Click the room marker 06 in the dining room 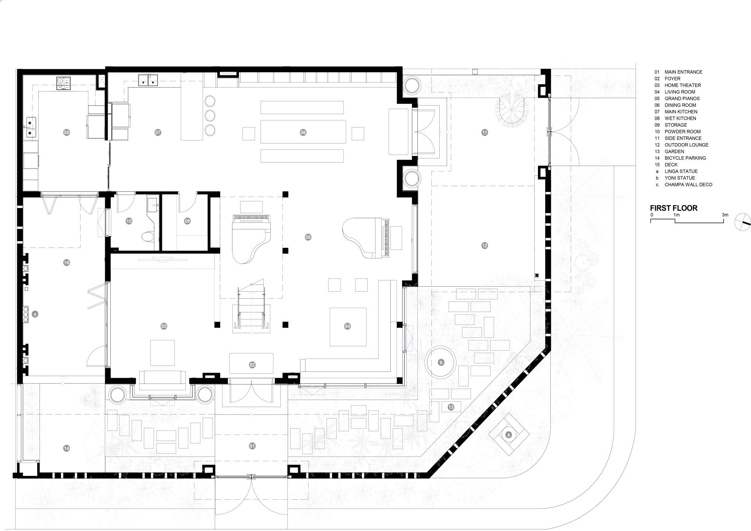coord(303,133)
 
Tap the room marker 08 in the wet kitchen coord(66,133)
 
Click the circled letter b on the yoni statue coord(441,362)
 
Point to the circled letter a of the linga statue coord(508,435)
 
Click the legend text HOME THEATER coord(683,85)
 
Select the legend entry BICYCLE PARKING coord(685,158)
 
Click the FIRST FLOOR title coord(674,208)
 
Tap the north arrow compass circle coord(742,222)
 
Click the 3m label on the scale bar coord(725,215)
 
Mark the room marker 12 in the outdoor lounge coord(485,246)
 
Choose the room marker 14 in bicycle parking coord(66,448)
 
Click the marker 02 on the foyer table coord(252,365)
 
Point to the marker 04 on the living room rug coord(347,326)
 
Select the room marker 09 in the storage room coord(187,221)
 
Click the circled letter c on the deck coord(35,314)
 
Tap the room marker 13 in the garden coord(451,407)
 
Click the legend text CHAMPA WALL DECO coord(688,185)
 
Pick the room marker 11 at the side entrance coord(485,133)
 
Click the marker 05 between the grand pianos coord(308,237)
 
